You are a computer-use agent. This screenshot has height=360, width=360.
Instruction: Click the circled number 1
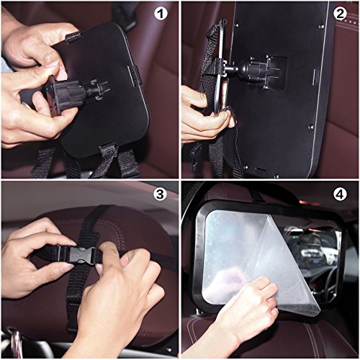[x=161, y=14]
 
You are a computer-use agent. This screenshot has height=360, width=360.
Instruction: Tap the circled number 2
[x=340, y=14]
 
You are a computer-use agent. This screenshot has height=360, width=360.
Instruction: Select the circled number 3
[x=160, y=194]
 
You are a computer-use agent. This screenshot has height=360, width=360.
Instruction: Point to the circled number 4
[x=340, y=194]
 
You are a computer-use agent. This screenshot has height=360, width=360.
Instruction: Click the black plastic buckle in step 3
[x=80, y=255]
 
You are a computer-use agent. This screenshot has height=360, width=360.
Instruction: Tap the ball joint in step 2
[x=233, y=68]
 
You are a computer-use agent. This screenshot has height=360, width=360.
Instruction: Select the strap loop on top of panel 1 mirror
[x=73, y=37]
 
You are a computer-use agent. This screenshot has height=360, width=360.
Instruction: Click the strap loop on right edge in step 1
[x=135, y=75]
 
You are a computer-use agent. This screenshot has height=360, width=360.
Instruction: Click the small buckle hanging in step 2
[x=195, y=157]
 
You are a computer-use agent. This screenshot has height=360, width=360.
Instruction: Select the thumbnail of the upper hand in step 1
[x=53, y=63]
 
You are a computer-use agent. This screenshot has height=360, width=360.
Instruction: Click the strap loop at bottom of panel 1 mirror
[x=107, y=150]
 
